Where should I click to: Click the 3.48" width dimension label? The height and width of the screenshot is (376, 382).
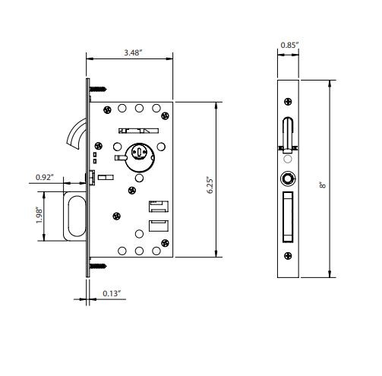tap(133, 52)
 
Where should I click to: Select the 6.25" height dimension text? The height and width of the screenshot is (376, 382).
tap(210, 185)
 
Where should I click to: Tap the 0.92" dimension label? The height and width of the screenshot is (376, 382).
tap(45, 177)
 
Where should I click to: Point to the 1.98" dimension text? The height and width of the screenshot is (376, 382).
tap(39, 215)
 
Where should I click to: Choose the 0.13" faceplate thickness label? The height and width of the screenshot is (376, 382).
tap(112, 293)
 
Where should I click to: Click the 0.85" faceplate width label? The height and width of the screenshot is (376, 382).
tap(290, 45)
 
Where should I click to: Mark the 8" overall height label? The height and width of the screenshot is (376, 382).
tap(323, 185)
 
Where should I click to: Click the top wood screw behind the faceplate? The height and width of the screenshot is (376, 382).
tap(98, 89)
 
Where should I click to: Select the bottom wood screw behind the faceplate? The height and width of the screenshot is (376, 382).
tap(98, 266)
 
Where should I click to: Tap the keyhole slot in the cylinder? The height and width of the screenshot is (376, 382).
tap(139, 153)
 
